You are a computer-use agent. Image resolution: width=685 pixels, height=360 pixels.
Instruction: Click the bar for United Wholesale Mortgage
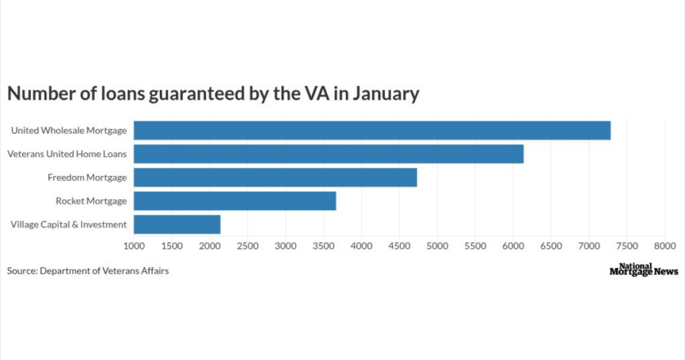coord(372,130)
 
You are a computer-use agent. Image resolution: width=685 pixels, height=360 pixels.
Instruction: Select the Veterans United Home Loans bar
coord(328,154)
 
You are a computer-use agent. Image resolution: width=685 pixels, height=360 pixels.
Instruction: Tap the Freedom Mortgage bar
coord(275,177)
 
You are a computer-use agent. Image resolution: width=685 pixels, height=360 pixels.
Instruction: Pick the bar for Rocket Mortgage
coord(235,201)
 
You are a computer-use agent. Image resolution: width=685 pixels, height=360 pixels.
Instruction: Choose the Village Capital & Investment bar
coord(177,224)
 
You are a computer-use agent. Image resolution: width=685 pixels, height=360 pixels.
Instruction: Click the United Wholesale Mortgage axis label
coord(68,130)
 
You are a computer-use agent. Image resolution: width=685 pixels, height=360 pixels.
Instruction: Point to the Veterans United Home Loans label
coord(67,154)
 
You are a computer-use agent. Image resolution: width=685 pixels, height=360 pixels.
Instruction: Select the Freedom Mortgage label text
coord(87,177)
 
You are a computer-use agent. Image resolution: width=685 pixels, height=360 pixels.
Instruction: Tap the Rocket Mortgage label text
coord(91,201)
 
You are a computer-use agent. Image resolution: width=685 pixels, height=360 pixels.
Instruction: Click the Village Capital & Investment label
coord(68,224)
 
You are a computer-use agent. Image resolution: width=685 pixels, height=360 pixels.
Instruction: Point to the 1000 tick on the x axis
coord(134,246)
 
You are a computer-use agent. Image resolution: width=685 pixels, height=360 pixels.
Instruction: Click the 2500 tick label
coord(248,246)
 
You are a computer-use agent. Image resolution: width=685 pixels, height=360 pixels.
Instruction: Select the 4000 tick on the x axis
coord(361,246)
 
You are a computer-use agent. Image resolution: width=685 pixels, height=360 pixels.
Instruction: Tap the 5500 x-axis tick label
coord(475,246)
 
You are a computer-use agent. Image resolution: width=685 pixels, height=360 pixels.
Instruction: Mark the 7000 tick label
coord(589,246)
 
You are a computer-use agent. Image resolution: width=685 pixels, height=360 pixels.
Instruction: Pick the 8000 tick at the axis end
coord(664,246)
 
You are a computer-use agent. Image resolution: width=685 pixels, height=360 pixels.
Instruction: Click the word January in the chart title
coord(385,94)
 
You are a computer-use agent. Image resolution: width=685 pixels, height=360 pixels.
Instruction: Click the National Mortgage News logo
coord(644,270)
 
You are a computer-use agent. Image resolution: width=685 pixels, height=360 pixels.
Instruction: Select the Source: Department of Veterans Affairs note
coord(88,271)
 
